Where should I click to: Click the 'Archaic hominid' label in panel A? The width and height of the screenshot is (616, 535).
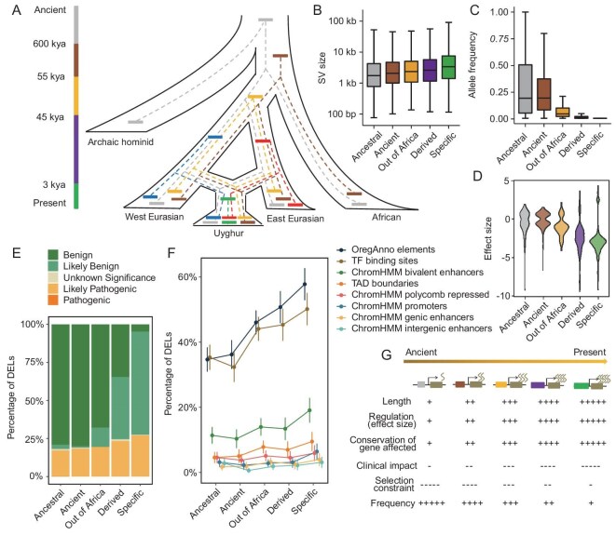(120, 142)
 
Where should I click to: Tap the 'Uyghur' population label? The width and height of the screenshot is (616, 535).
(228, 234)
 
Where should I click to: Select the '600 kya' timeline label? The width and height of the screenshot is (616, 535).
(49, 44)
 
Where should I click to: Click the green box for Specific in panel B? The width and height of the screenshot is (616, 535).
(448, 67)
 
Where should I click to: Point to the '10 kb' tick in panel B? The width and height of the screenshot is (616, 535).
(345, 52)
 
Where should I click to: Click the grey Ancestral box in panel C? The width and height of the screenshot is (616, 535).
(525, 89)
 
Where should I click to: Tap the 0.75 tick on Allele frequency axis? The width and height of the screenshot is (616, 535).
(499, 38)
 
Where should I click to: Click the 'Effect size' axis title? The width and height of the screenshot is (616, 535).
(488, 238)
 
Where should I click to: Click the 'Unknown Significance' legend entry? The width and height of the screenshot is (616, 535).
(102, 277)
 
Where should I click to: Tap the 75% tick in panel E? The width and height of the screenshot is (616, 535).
(34, 362)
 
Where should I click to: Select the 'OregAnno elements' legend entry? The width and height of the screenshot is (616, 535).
(386, 249)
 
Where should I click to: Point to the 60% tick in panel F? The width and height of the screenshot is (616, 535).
(187, 277)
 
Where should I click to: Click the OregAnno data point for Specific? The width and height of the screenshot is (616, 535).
(305, 284)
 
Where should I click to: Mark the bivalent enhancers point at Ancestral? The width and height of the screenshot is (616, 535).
(212, 435)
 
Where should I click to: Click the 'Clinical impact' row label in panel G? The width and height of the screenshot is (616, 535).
(387, 465)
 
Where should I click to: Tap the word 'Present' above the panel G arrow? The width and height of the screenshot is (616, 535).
(590, 352)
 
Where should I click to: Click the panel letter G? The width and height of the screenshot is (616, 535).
(387, 354)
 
